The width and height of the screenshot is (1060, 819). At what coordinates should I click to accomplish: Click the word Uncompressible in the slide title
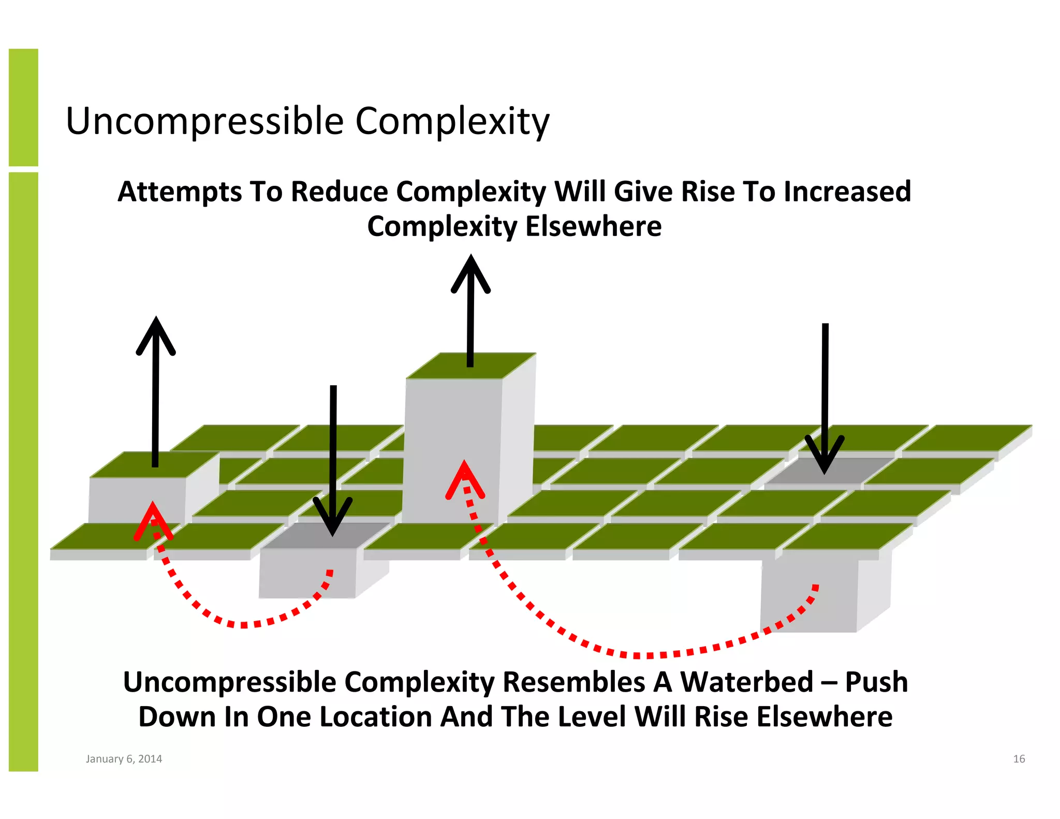tap(205, 122)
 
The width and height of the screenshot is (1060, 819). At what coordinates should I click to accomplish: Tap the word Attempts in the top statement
tap(180, 192)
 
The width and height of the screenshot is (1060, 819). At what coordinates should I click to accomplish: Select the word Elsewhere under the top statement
tap(593, 227)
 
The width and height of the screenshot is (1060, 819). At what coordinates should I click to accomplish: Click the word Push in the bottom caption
tap(876, 682)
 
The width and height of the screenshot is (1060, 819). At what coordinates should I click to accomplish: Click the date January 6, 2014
tap(124, 759)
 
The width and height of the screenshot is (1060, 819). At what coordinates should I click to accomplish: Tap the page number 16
tap(1019, 759)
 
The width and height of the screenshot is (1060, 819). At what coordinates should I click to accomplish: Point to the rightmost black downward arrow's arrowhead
tap(825, 456)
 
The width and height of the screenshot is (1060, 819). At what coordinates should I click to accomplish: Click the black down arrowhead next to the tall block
tap(333, 518)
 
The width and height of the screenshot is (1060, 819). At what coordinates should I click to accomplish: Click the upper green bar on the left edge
tap(23, 107)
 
